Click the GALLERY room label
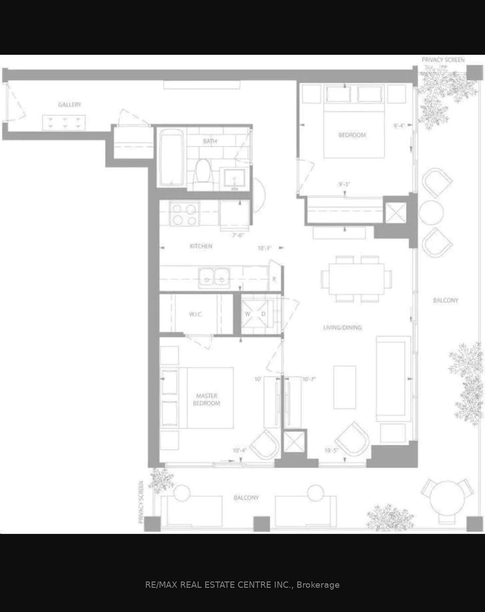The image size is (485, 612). (70, 105)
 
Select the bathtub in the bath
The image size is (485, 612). (171, 157)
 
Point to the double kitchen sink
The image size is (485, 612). (214, 277)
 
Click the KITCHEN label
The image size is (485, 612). (201, 246)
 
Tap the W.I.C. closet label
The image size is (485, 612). (195, 314)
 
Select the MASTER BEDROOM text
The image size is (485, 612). (207, 400)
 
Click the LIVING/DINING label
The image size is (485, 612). (342, 328)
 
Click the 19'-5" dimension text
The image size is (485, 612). (331, 450)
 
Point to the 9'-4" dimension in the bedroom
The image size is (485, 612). (399, 126)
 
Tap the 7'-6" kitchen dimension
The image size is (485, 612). (238, 235)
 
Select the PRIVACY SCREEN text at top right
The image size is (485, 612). (443, 60)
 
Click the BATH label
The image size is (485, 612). (210, 141)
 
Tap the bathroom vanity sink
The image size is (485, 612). (233, 179)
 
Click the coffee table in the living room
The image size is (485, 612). (344, 387)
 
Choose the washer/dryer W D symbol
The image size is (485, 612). (255, 314)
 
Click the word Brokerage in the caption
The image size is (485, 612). (318, 585)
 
